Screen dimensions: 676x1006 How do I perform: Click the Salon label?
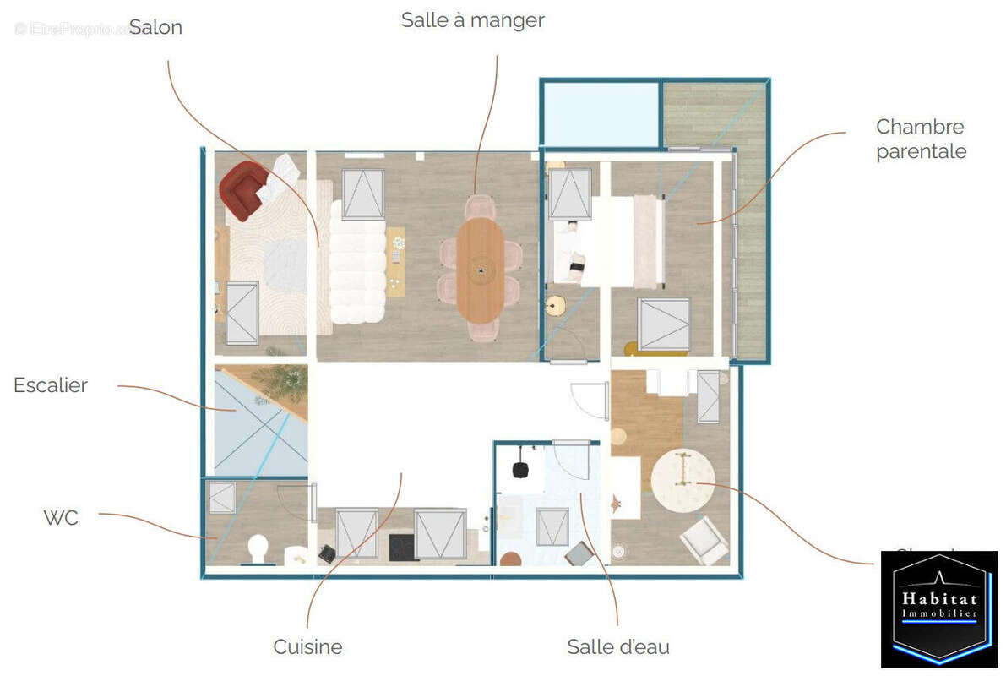(x=155, y=27)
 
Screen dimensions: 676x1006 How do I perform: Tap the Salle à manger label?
(x=472, y=20)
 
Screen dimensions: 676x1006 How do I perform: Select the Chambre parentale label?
(x=920, y=139)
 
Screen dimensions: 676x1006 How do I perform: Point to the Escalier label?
(x=51, y=385)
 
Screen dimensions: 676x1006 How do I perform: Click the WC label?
(x=61, y=517)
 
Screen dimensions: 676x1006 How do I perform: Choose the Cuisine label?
(x=307, y=647)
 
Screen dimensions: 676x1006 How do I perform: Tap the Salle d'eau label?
(x=618, y=647)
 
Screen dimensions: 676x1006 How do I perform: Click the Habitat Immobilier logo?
(x=938, y=608)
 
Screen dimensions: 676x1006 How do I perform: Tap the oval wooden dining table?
(x=481, y=270)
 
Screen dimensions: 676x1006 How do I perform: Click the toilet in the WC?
(x=258, y=549)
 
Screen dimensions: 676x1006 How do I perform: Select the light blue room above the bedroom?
(x=601, y=113)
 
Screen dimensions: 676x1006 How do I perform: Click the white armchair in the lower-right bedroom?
(x=704, y=540)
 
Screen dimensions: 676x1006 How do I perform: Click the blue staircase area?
(x=245, y=431)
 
